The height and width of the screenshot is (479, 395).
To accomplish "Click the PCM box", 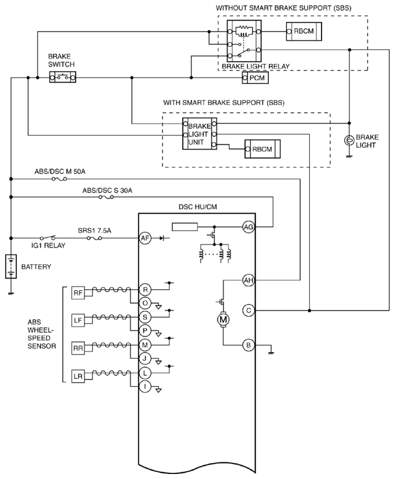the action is [255, 78].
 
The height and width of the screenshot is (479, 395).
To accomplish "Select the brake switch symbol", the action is [63, 77].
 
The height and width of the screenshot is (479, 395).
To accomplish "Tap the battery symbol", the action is [11, 266].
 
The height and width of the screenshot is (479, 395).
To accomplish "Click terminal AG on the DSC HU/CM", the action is [248, 227].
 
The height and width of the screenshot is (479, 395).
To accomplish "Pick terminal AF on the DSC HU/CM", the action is [145, 238].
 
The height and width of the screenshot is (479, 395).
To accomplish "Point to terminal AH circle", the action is [248, 280].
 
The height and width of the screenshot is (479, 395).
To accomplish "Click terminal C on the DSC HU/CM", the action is [248, 311].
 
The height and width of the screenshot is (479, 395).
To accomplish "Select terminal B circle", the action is [248, 345].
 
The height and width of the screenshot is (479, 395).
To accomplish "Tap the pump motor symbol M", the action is [224, 320].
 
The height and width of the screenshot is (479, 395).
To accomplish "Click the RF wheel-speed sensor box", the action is [78, 293].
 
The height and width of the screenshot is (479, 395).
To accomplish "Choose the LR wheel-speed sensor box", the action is [78, 377].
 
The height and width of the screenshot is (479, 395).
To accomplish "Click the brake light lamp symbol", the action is [350, 140].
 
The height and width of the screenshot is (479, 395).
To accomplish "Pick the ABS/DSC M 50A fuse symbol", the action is [59, 179].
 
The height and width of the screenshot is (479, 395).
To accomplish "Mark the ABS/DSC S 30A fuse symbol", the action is [106, 198].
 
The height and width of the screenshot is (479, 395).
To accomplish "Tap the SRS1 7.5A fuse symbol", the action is [94, 238].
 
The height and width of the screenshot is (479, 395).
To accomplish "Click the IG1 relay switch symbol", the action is [48, 237].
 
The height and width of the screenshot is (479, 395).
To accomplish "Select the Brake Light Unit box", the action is [200, 134].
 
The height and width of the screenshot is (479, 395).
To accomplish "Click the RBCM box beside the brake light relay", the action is [304, 31].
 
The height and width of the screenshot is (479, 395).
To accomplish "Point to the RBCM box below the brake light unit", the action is [263, 149].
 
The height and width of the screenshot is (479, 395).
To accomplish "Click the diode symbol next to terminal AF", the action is [162, 238].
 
